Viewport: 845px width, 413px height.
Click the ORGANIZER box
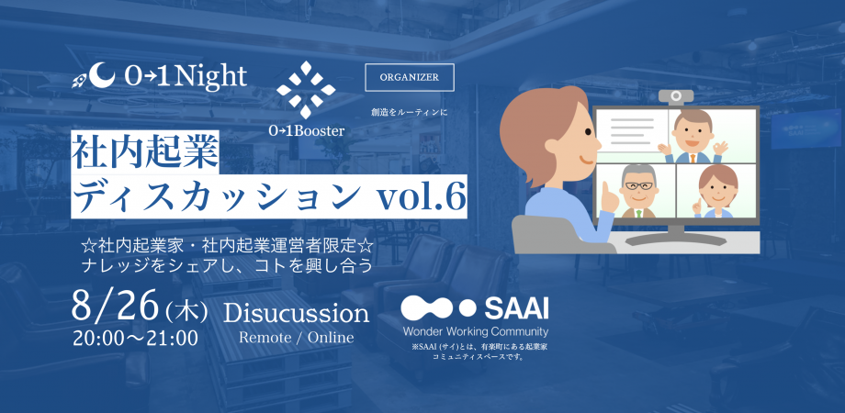click(x=410, y=77)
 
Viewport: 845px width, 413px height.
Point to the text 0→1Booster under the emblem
click(x=307, y=130)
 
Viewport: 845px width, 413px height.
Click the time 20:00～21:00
click(x=136, y=338)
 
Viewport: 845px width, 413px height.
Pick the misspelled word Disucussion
click(x=296, y=313)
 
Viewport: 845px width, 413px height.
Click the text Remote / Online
click(x=296, y=337)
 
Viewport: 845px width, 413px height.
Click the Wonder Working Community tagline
click(x=475, y=330)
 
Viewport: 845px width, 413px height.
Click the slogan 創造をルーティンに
click(x=409, y=112)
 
